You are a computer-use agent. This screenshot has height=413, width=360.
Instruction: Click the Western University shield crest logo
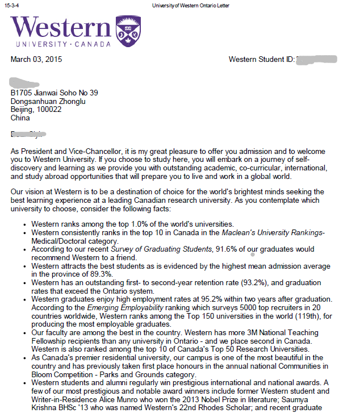click(x=128, y=31)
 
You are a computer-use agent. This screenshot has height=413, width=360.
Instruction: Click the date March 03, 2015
click(x=36, y=59)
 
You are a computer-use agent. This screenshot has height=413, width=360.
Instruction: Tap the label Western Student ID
click(x=261, y=59)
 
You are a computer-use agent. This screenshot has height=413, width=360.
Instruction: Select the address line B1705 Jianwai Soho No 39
click(x=55, y=93)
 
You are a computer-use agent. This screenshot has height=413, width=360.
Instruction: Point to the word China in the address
click(x=20, y=118)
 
